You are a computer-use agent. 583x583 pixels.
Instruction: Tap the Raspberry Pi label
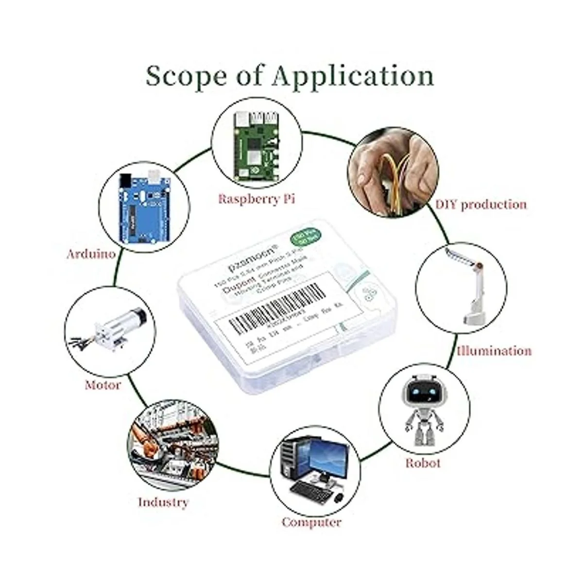click(257, 199)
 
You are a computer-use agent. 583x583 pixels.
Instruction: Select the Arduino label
click(91, 253)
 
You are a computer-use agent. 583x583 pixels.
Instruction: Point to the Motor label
click(103, 385)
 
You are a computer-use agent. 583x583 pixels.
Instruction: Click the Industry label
click(163, 501)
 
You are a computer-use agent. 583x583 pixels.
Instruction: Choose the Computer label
click(311, 522)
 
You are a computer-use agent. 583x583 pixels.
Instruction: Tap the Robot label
click(423, 463)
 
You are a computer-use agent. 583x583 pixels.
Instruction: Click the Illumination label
click(494, 350)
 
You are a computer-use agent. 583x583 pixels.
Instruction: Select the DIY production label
click(480, 204)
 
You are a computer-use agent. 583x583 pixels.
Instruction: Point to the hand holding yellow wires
click(394, 170)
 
